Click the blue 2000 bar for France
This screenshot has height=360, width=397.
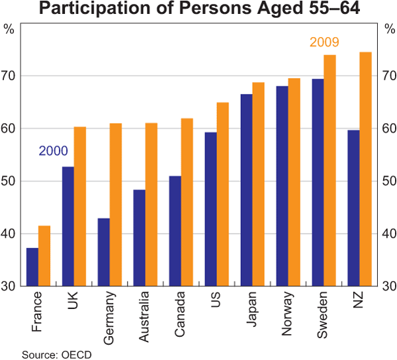(32, 267)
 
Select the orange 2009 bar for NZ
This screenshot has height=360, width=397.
(365, 169)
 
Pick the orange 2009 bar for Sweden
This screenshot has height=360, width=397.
(330, 170)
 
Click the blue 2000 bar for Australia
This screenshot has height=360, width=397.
(139, 238)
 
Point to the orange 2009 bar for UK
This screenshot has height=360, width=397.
(80, 206)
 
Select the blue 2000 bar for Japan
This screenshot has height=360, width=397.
(246, 190)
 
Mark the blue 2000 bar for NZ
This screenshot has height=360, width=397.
(353, 208)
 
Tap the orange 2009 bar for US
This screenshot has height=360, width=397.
(222, 194)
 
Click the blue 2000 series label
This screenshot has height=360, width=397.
(53, 151)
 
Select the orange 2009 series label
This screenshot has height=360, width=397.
(324, 43)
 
